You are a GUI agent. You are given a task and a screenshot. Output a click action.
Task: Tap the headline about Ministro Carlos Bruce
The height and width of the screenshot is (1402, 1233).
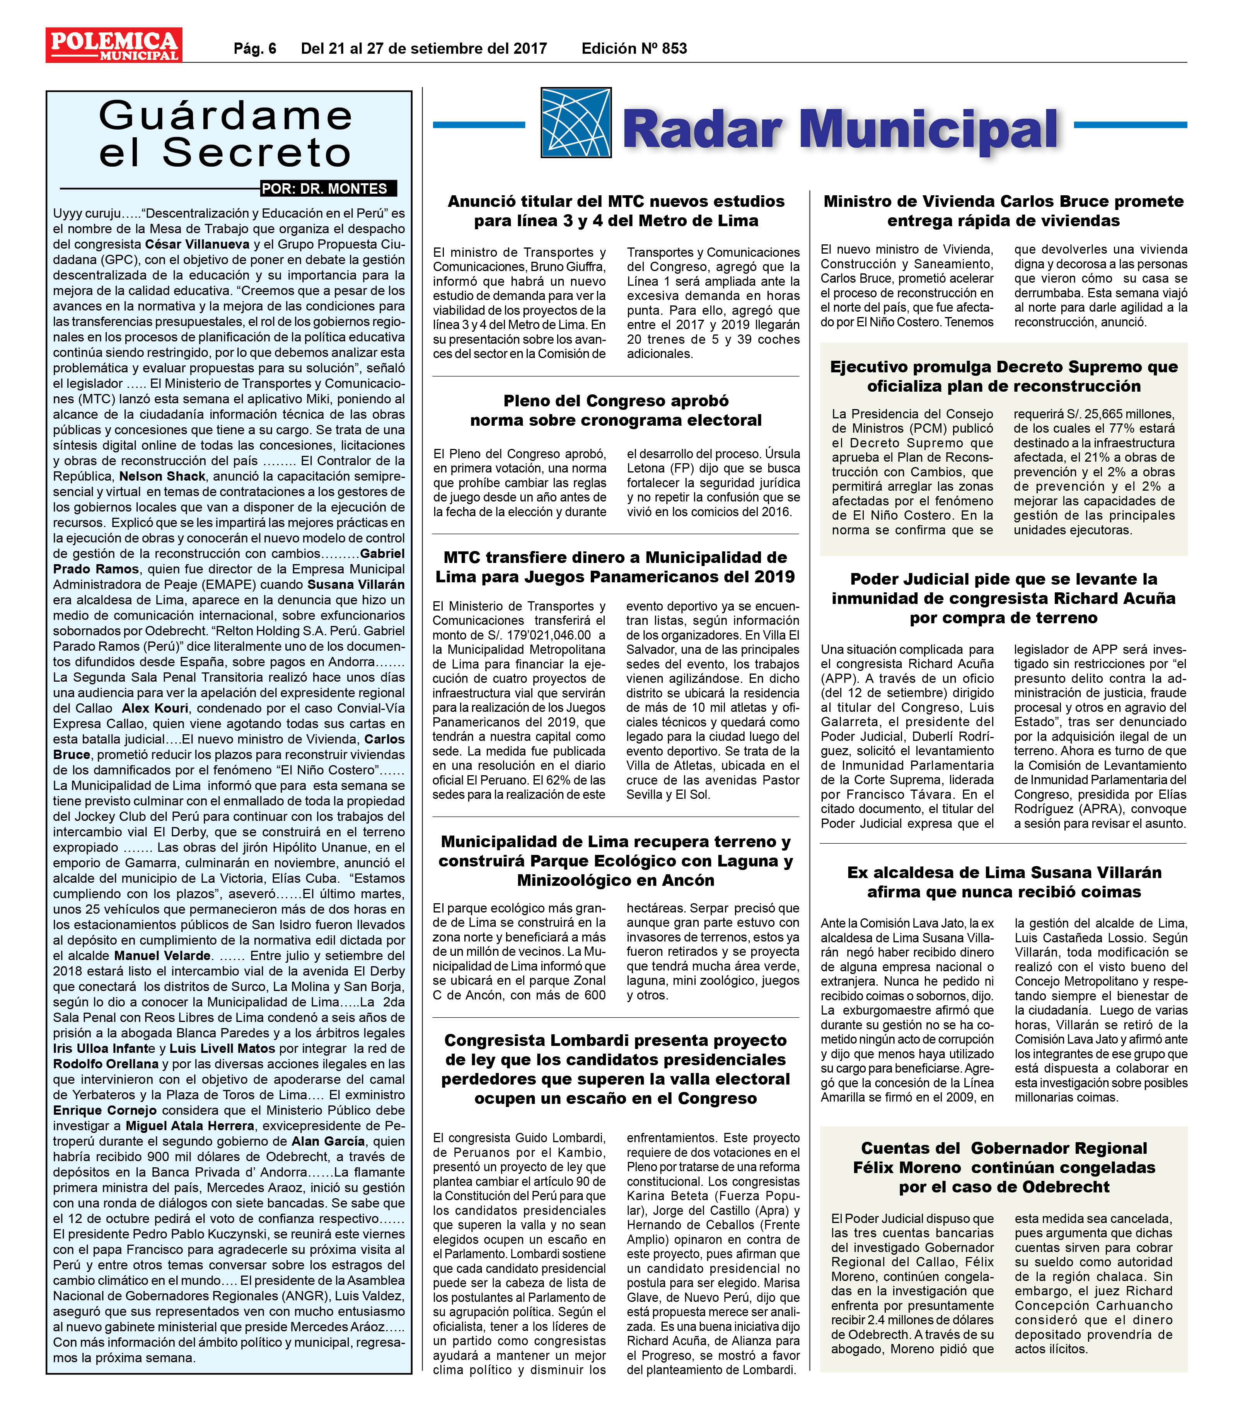pos(1003,211)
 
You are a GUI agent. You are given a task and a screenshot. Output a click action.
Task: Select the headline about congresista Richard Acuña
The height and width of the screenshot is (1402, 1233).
pos(1003,598)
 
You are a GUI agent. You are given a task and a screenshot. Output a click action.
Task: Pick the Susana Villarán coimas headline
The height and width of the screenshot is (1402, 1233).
pos(1003,882)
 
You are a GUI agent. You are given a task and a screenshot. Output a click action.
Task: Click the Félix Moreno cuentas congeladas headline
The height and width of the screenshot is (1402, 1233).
pos(1003,1167)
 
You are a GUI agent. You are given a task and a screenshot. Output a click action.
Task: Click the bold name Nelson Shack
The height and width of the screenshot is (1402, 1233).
pos(162,476)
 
